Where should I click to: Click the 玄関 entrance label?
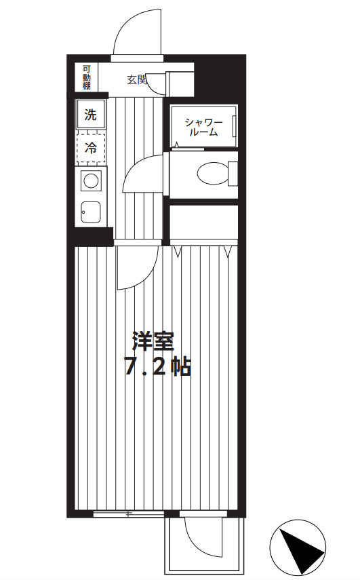tap(136, 79)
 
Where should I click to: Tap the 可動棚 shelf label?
tap(87, 77)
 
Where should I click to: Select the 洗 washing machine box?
tap(90, 115)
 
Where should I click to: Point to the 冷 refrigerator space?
tap(90, 147)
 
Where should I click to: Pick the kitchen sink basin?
tap(90, 212)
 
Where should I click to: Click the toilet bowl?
tap(212, 174)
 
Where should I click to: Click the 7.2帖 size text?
tap(157, 367)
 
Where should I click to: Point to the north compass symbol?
tap(298, 546)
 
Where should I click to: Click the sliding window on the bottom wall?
tap(127, 514)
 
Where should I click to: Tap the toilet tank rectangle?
tap(233, 174)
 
